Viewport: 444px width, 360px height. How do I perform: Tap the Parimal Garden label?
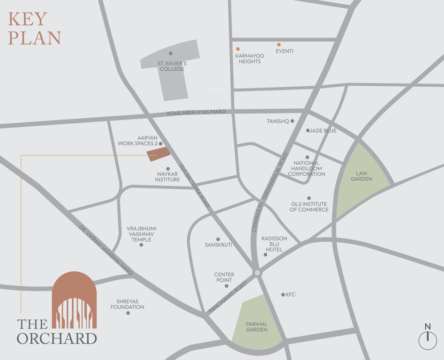click(x=256, y=327)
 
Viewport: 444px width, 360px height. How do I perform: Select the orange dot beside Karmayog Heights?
click(x=238, y=49)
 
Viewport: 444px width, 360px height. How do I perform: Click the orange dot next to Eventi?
click(x=278, y=45)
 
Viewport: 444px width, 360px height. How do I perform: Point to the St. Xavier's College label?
click(x=171, y=66)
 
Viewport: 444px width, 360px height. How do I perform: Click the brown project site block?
click(x=158, y=154)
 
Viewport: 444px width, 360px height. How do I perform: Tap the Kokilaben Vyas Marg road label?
click(x=196, y=112)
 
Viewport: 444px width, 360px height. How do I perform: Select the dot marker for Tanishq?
click(x=292, y=121)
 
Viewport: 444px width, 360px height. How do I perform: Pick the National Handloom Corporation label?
click(x=307, y=168)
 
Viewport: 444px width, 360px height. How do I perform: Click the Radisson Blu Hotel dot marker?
click(x=265, y=255)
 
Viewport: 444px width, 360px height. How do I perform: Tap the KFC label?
click(x=291, y=295)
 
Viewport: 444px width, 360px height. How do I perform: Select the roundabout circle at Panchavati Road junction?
click(x=256, y=273)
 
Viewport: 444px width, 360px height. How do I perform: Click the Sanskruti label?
click(x=218, y=245)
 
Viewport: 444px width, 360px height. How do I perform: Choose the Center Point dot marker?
click(x=226, y=286)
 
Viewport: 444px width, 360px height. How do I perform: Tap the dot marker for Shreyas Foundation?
click(x=128, y=313)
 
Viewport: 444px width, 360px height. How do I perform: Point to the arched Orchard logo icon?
click(x=74, y=300)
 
